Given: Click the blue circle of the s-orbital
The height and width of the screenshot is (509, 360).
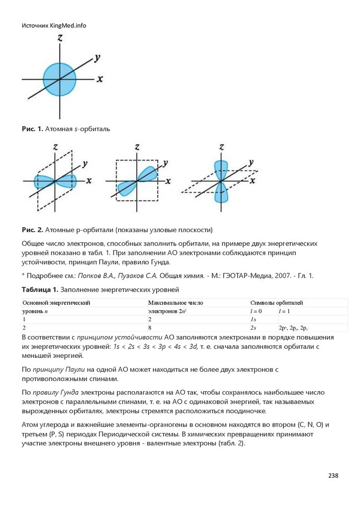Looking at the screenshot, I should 59,79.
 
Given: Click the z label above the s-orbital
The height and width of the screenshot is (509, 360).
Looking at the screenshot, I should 60,38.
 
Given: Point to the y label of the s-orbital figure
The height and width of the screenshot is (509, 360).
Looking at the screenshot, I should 97,58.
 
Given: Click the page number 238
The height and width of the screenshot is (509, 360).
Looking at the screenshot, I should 333,476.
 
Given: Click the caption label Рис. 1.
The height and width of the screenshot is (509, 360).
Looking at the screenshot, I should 32,129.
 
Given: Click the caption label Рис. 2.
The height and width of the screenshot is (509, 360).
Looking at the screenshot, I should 32,230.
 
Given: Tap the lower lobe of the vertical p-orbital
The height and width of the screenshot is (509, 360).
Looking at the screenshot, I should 220,194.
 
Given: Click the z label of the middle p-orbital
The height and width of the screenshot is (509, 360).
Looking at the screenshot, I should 137,147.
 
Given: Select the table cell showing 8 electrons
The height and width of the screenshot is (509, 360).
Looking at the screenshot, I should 150,328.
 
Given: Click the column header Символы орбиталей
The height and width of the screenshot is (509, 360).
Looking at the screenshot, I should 277,302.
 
